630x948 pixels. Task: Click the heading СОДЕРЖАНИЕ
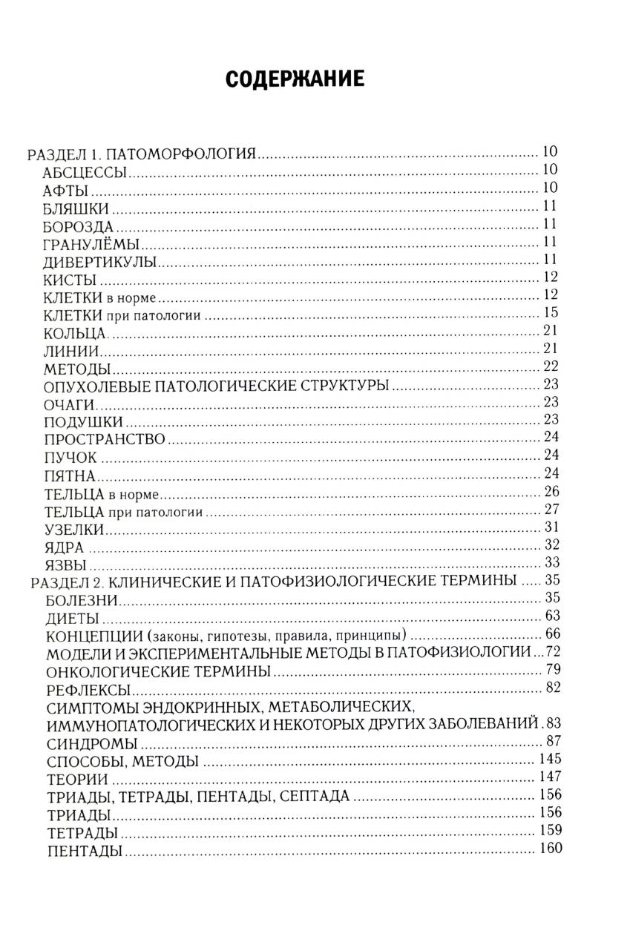click(x=295, y=79)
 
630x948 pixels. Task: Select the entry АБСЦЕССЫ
click(x=87, y=173)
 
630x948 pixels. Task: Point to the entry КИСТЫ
click(x=71, y=279)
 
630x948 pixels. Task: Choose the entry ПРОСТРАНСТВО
click(x=104, y=439)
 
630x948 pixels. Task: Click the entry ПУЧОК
click(x=70, y=457)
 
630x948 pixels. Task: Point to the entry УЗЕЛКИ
click(x=74, y=529)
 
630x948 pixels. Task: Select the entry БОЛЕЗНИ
click(x=82, y=599)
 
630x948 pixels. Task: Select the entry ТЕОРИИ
click(x=77, y=779)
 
